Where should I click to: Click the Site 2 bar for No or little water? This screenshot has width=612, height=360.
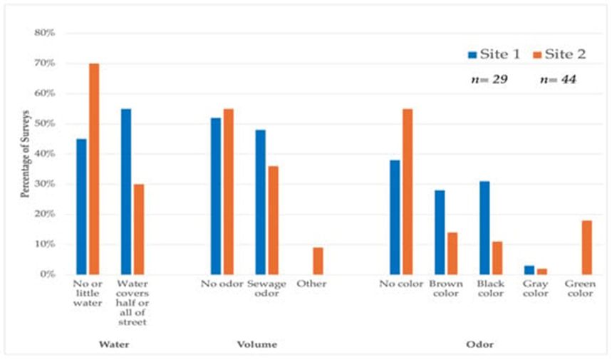point(94,169)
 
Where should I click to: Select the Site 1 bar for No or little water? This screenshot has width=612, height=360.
point(82,207)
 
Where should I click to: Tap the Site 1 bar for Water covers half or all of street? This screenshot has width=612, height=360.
point(127,192)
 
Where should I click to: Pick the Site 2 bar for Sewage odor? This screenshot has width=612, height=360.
point(273,220)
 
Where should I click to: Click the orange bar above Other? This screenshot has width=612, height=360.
point(318,261)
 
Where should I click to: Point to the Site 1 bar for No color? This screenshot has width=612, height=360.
point(394,217)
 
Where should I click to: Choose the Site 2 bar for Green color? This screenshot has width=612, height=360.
point(586,247)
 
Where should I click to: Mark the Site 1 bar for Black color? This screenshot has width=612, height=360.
point(484,227)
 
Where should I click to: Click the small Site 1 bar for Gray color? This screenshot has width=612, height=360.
point(529,270)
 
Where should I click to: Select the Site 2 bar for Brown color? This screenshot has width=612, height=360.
point(452,253)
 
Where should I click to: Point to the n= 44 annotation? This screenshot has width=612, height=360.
point(557,80)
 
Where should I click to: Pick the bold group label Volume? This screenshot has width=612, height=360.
point(256,344)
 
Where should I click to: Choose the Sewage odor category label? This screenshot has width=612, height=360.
point(266,289)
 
